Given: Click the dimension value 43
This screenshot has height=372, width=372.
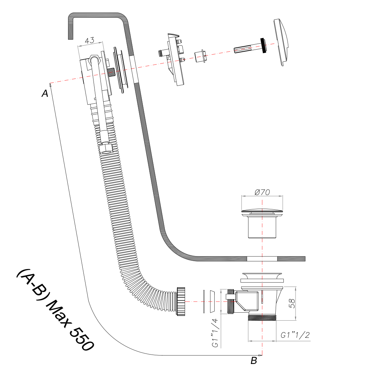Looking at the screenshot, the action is pos(89,40).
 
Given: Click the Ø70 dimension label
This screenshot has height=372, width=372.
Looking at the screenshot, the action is pos(262,192).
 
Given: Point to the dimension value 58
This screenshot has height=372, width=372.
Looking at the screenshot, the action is pos(292,304).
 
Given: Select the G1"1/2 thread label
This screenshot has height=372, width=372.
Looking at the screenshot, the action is pos(295,335).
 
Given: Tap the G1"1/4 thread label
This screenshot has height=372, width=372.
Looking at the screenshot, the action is pos(215,333).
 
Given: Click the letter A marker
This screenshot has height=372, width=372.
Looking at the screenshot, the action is pos(45,93).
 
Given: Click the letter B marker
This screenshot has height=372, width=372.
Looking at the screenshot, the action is pos(254,360).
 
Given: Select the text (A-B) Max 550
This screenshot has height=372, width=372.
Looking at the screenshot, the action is pos(55,310).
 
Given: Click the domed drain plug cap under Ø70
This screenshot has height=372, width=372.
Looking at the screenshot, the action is pos(262,211).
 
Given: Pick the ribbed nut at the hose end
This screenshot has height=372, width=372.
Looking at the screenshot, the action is pos(180,301).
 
